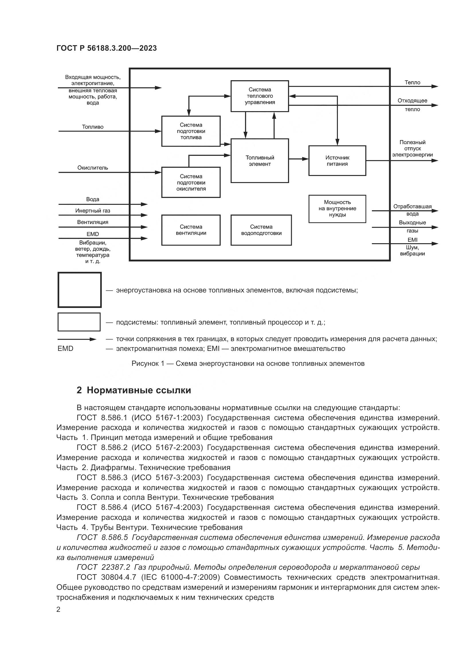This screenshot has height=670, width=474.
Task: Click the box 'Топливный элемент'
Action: pyautogui.click(x=259, y=161)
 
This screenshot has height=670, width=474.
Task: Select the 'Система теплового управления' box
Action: pyautogui.click(x=259, y=96)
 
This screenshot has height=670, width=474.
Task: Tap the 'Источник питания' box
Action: pyautogui.click(x=337, y=161)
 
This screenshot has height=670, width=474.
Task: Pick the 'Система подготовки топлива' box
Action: pyautogui.click(x=191, y=131)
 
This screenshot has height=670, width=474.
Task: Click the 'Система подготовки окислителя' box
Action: pyautogui.click(x=191, y=182)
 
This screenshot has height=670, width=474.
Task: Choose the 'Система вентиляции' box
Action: pyautogui.click(x=191, y=230)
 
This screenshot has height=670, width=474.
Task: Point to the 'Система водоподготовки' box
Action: pyautogui.click(x=261, y=230)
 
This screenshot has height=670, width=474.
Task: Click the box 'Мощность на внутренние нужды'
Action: pyautogui.click(x=337, y=208)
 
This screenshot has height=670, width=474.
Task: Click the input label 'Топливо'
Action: pyautogui.click(x=93, y=127)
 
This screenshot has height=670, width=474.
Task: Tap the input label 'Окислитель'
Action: pyautogui.click(x=93, y=168)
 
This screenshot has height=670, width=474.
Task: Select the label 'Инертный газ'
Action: pyautogui.click(x=93, y=211)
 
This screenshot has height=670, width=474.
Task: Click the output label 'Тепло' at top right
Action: pyautogui.click(x=412, y=82)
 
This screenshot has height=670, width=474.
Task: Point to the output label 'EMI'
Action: pyautogui.click(x=412, y=240)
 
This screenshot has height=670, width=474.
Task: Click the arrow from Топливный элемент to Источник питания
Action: pyautogui.click(x=298, y=159)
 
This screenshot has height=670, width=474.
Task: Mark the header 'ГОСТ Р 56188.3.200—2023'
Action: pyautogui.click(x=107, y=48)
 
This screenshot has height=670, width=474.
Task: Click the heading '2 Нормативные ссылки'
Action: pyautogui.click(x=134, y=390)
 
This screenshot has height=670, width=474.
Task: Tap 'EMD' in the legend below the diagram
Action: pyautogui.click(x=65, y=349)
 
